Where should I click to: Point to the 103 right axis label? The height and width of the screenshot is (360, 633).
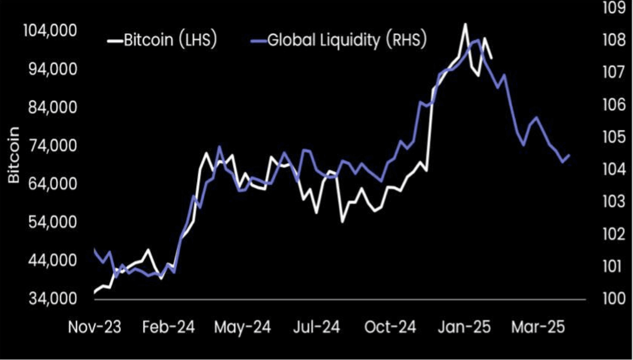(614, 202)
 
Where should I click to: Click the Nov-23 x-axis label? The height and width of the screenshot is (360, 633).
(94, 327)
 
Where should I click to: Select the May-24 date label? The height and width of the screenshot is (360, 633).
(243, 327)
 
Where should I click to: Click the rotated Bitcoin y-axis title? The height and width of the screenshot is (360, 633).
(14, 155)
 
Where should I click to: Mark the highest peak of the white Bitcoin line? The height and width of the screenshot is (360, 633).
(465, 24)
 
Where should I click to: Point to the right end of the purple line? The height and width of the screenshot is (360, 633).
(569, 155)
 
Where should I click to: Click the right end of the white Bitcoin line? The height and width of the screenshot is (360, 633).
(491, 58)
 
